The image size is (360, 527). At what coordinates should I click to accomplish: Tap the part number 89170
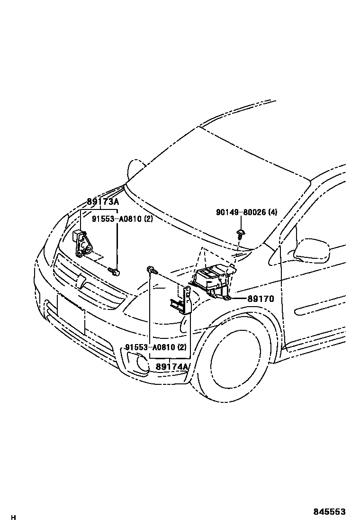tap(260, 299)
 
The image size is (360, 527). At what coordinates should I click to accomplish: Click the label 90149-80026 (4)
tap(246, 213)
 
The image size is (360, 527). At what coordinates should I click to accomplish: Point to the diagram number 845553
tap(329, 512)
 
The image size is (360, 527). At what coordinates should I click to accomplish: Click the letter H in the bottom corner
tap(14, 517)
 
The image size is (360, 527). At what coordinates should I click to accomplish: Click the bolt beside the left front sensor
tap(115, 271)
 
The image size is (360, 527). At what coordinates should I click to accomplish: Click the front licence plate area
tap(71, 313)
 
